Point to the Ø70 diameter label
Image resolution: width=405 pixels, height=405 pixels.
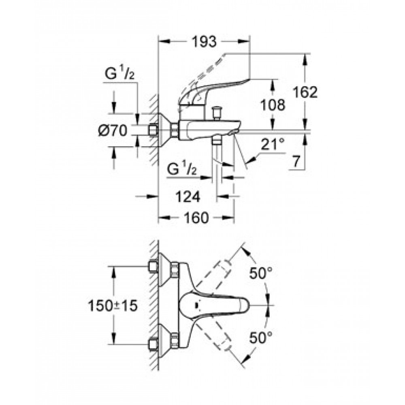pyautogui.click(x=113, y=130)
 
